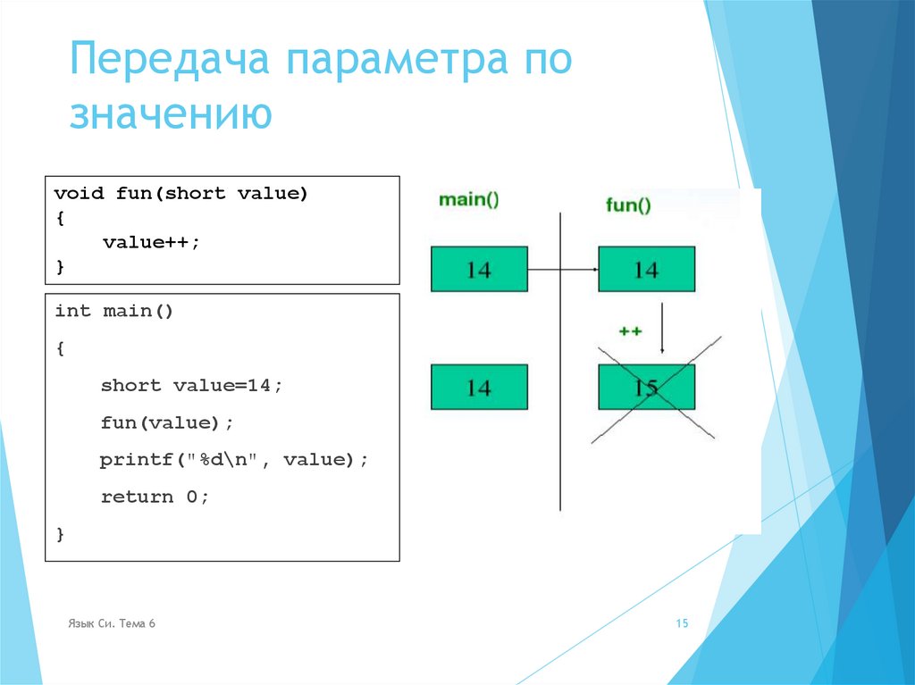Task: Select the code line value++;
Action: click(x=151, y=242)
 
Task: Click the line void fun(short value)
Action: click(x=180, y=193)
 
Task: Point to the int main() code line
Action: click(x=113, y=311)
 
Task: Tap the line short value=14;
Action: click(x=191, y=385)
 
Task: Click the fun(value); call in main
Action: click(x=160, y=422)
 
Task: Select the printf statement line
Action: click(x=233, y=459)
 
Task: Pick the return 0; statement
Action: click(x=155, y=497)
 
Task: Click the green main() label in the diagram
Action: click(x=469, y=200)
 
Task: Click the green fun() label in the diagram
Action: click(x=628, y=205)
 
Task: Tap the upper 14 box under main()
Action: click(x=479, y=270)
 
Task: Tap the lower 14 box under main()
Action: click(x=479, y=388)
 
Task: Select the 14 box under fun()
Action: click(x=646, y=270)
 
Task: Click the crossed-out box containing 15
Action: click(x=646, y=388)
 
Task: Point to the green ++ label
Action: click(x=630, y=330)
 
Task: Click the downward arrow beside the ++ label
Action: click(x=661, y=329)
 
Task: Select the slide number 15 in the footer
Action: click(x=682, y=623)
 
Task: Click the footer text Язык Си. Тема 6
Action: click(x=112, y=623)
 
